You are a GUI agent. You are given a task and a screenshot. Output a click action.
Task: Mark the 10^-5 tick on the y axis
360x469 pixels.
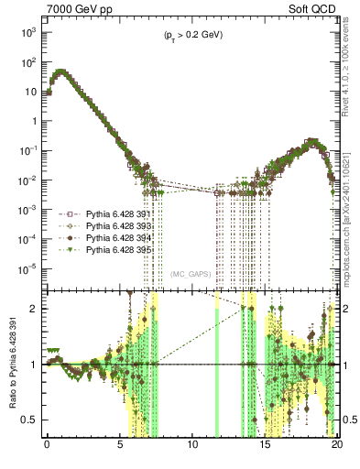click(x=28, y=268)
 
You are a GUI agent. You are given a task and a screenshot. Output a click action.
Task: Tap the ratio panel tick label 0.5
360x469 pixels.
click(x=31, y=420)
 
